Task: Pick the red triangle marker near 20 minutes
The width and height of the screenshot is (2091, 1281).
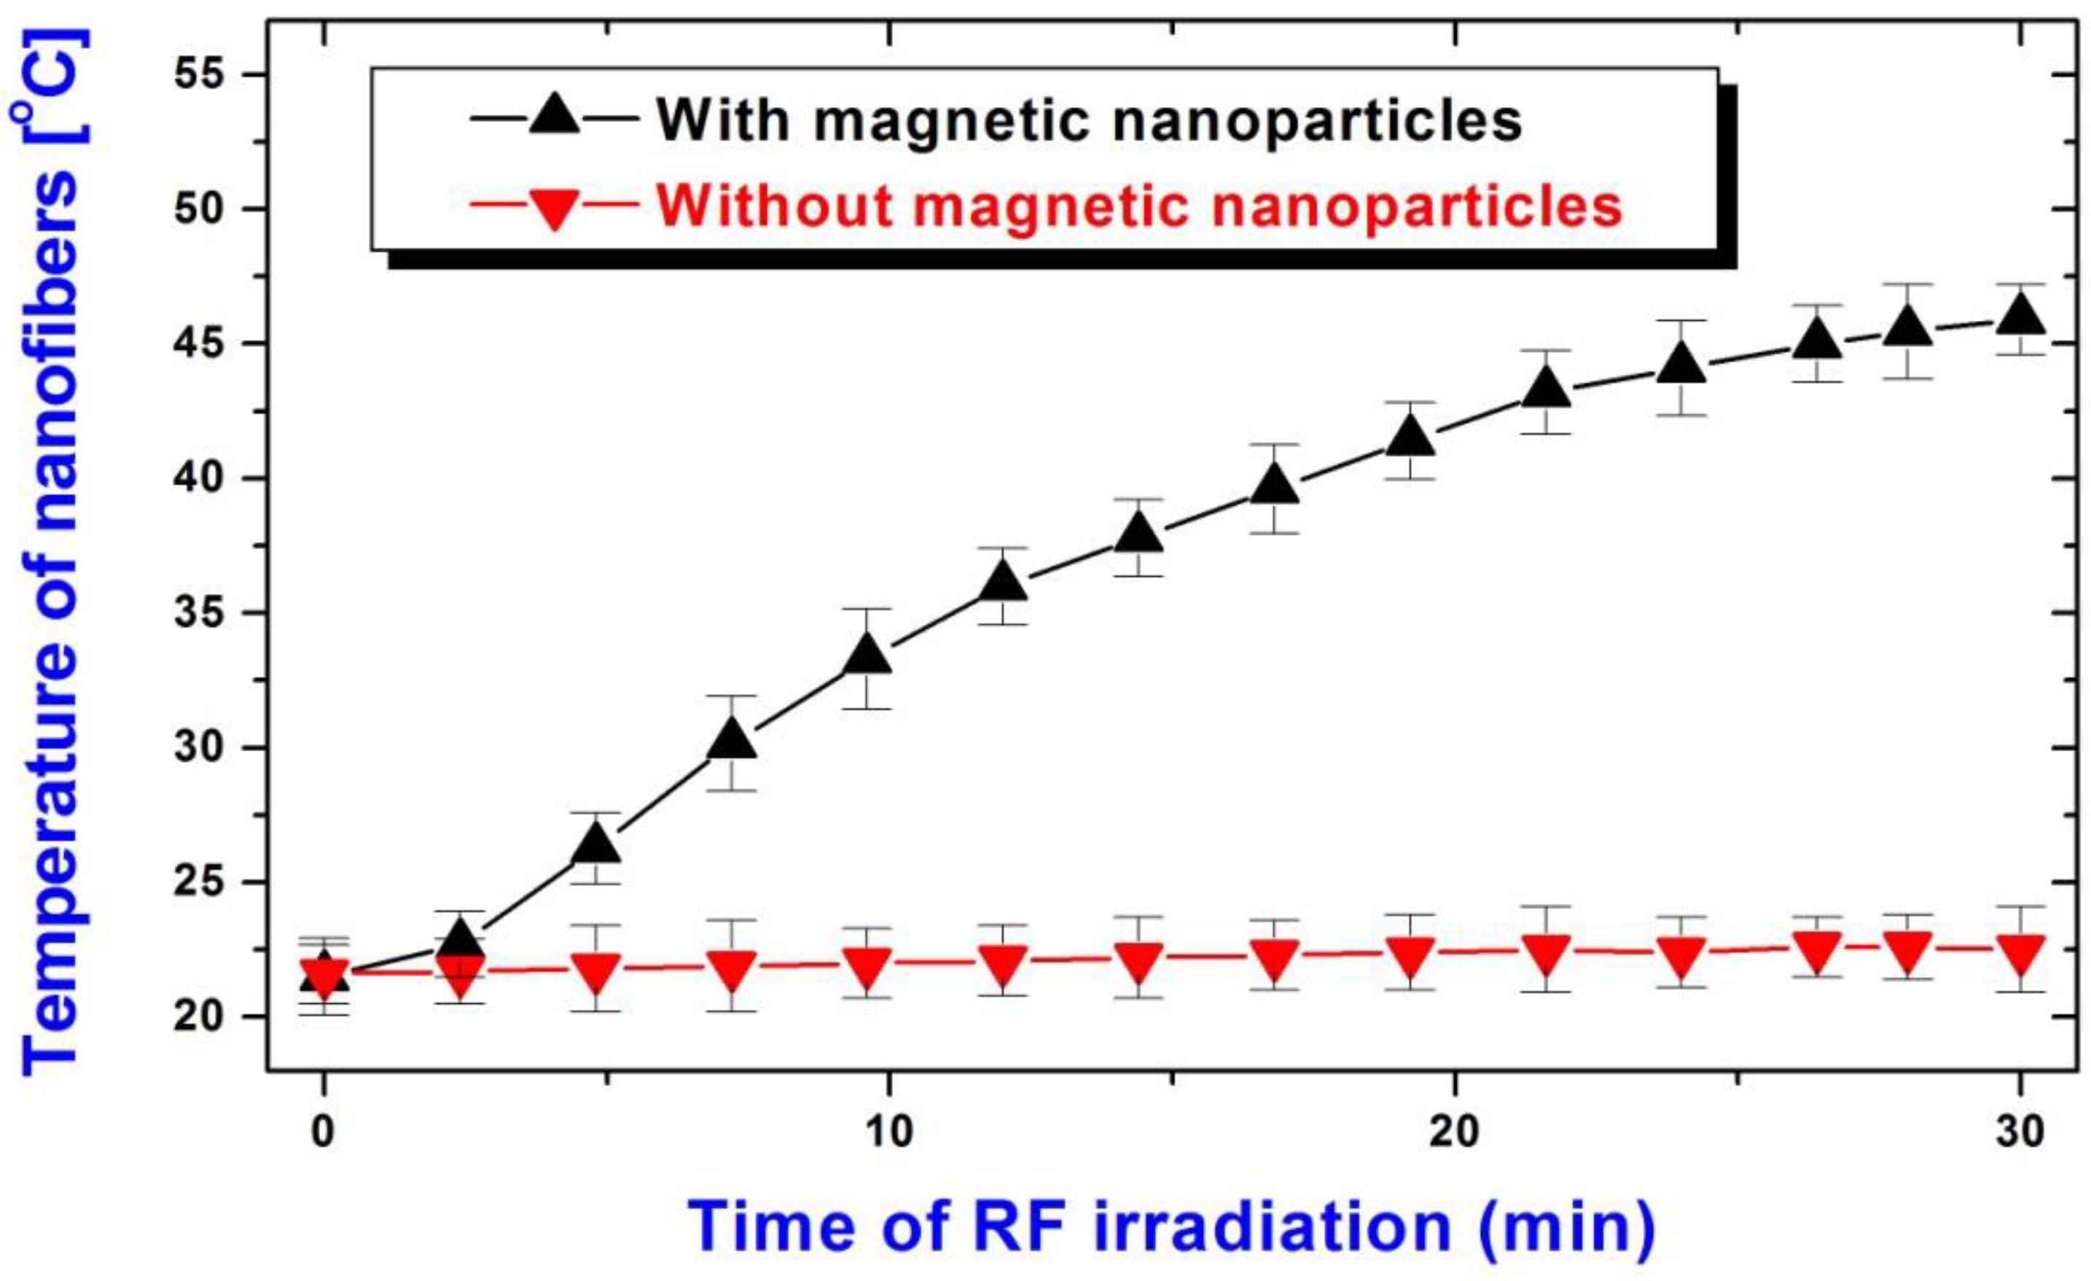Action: [1410, 957]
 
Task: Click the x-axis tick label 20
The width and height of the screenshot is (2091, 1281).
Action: [1455, 1134]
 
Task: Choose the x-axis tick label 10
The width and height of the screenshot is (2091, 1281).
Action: [888, 1134]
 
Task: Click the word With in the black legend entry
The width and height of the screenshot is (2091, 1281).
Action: [724, 122]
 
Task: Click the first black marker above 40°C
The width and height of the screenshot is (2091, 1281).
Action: [1410, 439]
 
